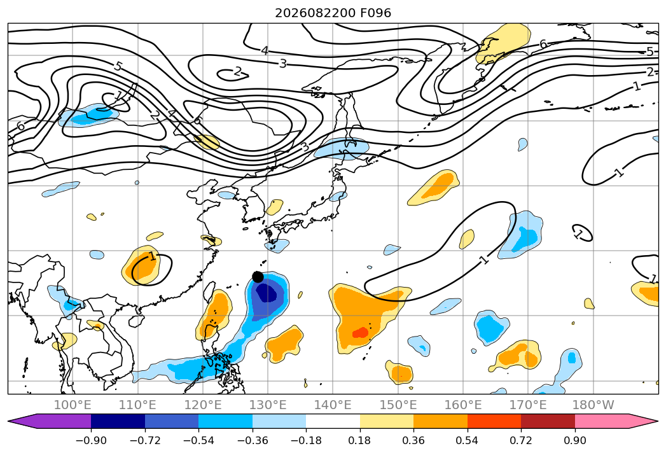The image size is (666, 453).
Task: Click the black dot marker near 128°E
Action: click(x=258, y=277)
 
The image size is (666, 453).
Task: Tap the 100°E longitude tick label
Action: click(x=73, y=405)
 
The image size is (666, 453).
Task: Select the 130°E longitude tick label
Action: click(x=268, y=405)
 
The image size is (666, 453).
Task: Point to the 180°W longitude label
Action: click(x=593, y=405)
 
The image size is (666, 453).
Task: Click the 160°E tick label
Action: click(x=463, y=405)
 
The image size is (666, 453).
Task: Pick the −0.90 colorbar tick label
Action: click(x=91, y=440)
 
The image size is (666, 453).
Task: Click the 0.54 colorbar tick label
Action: click(x=468, y=440)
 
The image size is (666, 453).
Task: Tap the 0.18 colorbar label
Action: click(x=360, y=440)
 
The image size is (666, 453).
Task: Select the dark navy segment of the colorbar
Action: click(x=118, y=421)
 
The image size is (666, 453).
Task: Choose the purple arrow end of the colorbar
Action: click(x=50, y=421)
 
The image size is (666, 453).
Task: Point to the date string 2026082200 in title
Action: click(x=315, y=13)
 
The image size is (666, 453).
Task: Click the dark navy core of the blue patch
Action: click(x=266, y=293)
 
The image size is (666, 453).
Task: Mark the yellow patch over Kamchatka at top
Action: click(x=503, y=43)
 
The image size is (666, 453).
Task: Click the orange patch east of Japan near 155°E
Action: click(x=434, y=188)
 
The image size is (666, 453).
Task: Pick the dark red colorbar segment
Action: click(x=548, y=421)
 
